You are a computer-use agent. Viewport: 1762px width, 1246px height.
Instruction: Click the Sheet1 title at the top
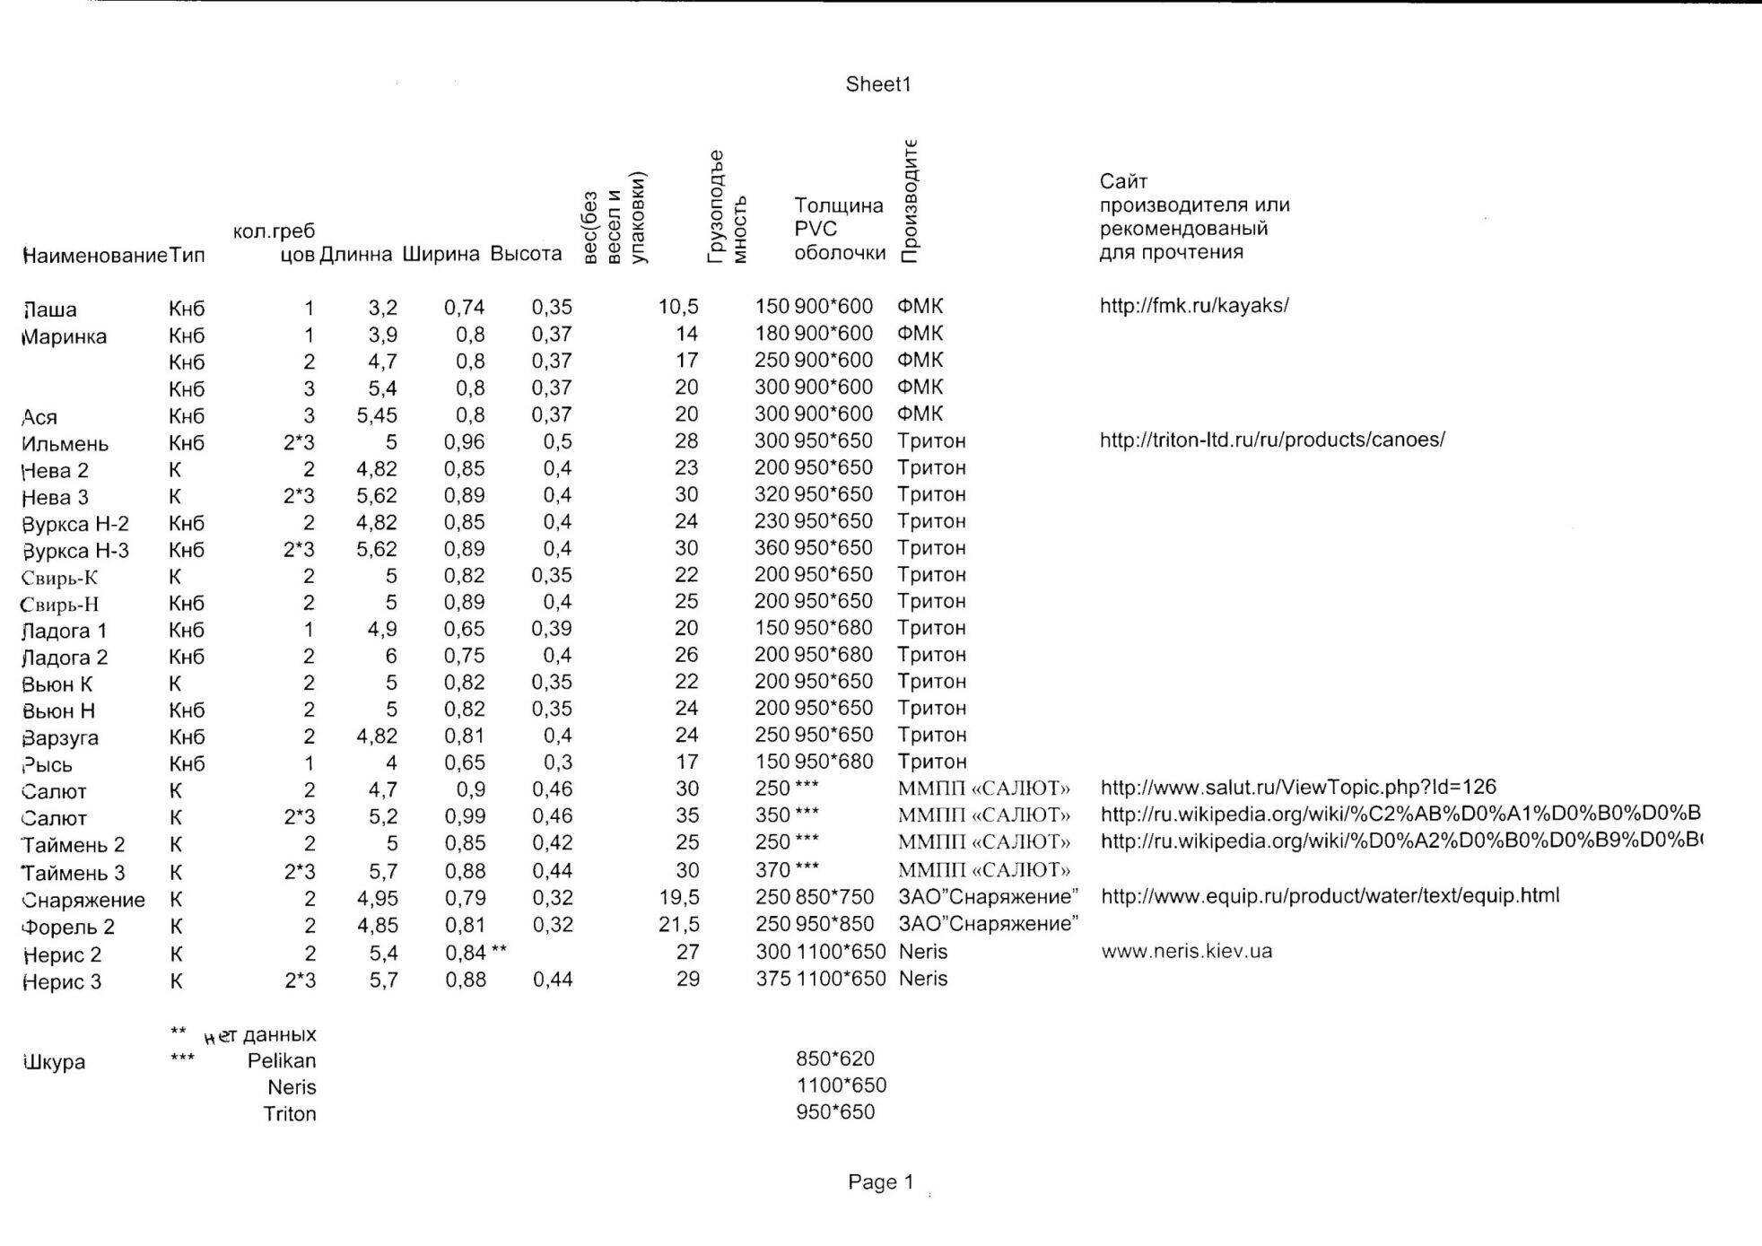(x=877, y=84)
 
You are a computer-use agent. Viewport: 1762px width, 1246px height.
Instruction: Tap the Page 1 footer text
(x=880, y=1182)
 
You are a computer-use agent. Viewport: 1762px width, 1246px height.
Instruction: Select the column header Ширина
(x=440, y=254)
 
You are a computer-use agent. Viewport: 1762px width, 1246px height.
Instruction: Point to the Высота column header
(x=526, y=254)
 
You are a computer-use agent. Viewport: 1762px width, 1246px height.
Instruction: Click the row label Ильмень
(x=65, y=444)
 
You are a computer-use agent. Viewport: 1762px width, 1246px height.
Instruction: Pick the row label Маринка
(x=64, y=337)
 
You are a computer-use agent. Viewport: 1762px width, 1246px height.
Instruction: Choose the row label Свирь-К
(x=59, y=578)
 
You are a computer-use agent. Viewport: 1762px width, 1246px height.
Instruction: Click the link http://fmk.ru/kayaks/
(x=1194, y=305)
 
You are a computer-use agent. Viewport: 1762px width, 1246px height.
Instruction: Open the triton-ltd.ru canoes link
(x=1272, y=440)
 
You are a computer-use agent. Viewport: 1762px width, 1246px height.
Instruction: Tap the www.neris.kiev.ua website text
(x=1186, y=951)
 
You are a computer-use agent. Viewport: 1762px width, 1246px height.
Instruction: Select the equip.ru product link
(x=1330, y=895)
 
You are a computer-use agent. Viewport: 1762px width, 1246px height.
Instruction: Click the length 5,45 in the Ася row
(x=377, y=415)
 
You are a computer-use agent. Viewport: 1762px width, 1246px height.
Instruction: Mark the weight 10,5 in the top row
(x=678, y=307)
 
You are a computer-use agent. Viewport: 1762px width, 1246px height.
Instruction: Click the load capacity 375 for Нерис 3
(x=772, y=979)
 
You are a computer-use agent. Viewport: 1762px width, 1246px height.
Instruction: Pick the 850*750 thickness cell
(x=834, y=897)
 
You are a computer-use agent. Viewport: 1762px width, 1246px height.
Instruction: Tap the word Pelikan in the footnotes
(x=282, y=1060)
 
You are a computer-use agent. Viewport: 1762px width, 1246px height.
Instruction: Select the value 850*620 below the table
(x=834, y=1059)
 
